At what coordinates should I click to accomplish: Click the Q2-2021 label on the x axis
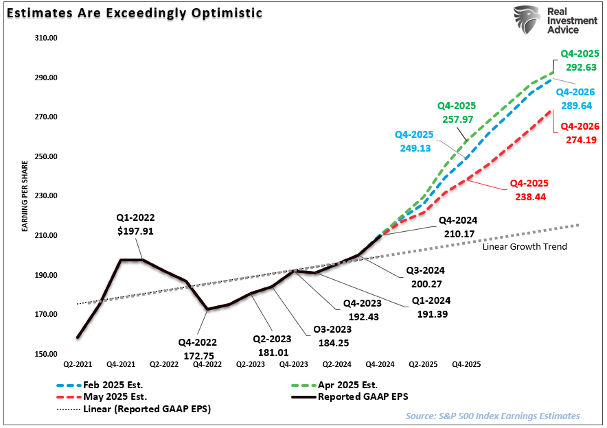(x=77, y=366)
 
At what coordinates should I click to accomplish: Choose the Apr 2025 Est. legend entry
(x=346, y=385)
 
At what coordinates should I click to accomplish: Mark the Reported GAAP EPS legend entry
(x=363, y=397)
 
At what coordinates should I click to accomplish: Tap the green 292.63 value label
(x=580, y=67)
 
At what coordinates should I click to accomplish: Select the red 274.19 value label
(x=580, y=139)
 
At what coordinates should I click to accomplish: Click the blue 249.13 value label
(x=414, y=147)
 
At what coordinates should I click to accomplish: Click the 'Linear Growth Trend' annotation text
(x=525, y=246)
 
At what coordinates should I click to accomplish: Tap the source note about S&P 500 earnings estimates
(x=492, y=416)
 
